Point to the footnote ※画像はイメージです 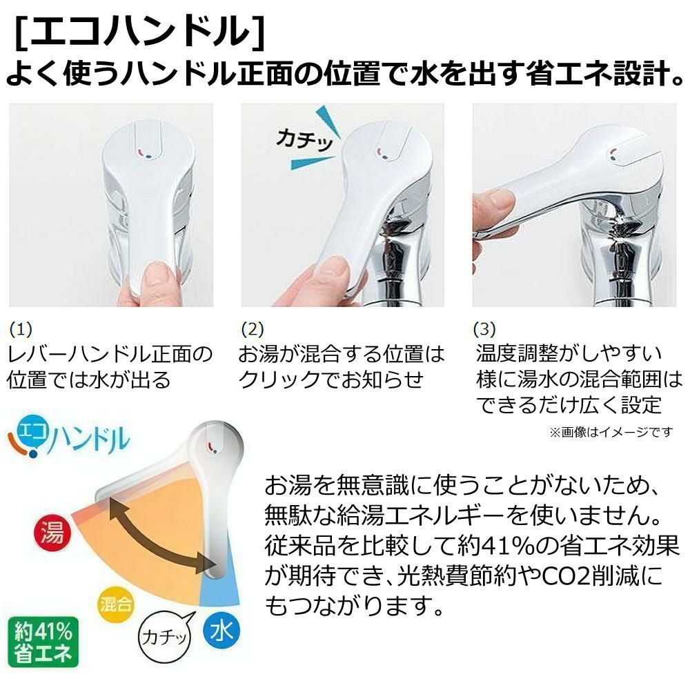pyautogui.click(x=610, y=433)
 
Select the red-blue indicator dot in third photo pyautogui.click(x=611, y=154)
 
